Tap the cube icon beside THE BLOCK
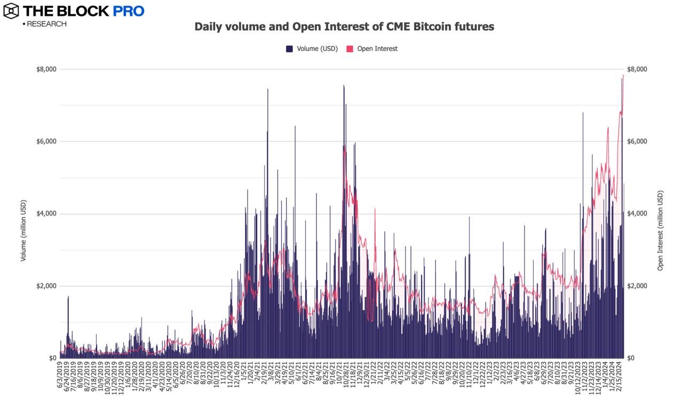(x=11, y=11)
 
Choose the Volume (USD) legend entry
(x=312, y=49)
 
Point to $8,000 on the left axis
(x=46, y=69)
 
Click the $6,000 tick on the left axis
(x=46, y=141)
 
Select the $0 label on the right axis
(x=633, y=358)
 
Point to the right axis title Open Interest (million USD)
(x=661, y=230)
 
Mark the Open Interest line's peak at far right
(x=623, y=76)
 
